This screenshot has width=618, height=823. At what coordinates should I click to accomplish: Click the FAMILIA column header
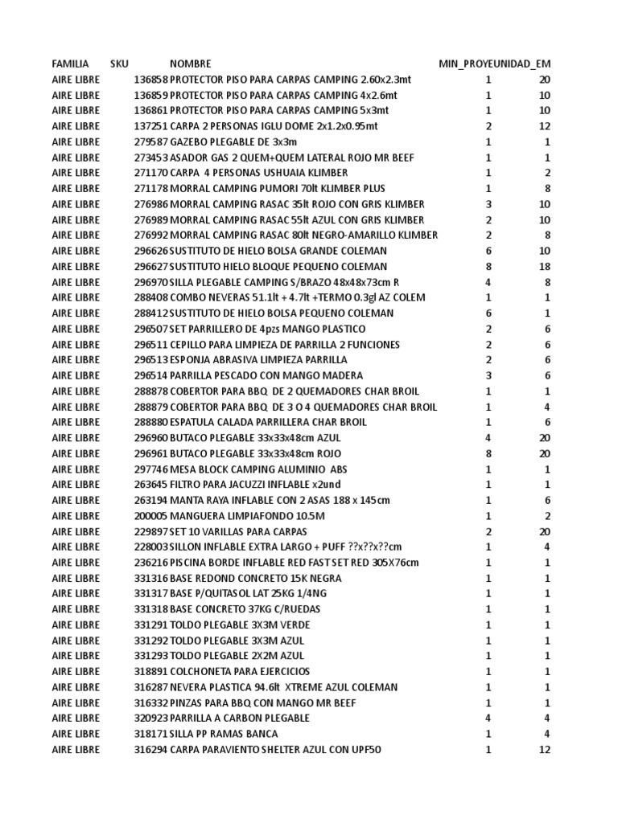[70, 63]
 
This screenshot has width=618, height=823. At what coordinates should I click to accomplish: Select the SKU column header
[119, 63]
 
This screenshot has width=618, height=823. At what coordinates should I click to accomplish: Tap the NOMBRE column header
[191, 63]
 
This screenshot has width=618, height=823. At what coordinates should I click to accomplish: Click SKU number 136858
[151, 80]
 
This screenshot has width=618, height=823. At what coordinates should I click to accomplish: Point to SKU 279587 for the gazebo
[151, 142]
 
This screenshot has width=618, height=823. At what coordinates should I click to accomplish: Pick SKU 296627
[151, 267]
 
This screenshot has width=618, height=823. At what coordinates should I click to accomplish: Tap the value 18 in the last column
[544, 267]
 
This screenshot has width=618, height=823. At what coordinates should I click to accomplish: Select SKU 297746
[151, 469]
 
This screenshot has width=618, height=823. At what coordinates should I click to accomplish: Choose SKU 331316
[151, 578]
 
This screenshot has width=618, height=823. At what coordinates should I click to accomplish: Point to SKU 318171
[151, 734]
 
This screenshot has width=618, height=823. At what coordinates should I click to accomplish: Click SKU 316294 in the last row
[151, 749]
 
